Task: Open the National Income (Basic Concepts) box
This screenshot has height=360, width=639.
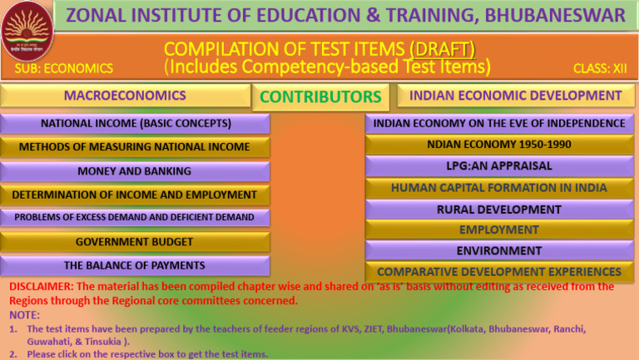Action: click(136, 125)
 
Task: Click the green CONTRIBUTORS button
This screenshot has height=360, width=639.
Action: click(320, 97)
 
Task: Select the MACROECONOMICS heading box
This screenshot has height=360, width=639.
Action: click(125, 96)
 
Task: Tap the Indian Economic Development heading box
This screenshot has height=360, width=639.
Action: click(515, 96)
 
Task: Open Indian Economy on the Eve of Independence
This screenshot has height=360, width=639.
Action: click(499, 124)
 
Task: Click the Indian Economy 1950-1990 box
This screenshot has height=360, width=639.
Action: click(499, 145)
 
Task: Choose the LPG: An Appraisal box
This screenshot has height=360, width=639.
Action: click(499, 166)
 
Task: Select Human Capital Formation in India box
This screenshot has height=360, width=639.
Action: click(499, 188)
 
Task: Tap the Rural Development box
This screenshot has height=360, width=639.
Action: click(499, 210)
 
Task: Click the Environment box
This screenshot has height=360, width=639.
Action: click(499, 250)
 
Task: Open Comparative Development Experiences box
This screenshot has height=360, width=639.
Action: click(499, 272)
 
